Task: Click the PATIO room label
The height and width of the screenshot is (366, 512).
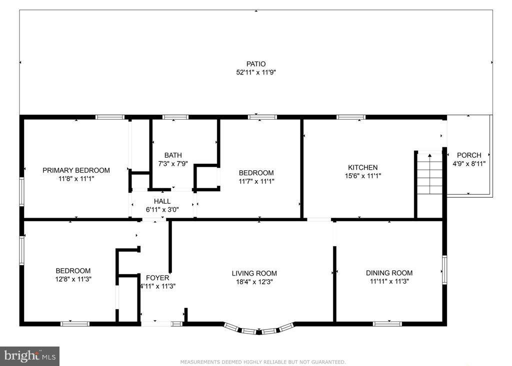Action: (255, 64)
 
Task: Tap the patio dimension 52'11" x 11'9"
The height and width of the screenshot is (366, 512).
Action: (255, 72)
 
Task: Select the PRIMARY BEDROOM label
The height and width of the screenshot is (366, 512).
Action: (76, 170)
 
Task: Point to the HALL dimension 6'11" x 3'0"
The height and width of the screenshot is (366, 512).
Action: (162, 210)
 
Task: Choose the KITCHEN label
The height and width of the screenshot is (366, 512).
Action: (362, 167)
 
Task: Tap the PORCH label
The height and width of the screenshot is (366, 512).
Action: (469, 155)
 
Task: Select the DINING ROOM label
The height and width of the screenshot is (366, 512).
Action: (389, 273)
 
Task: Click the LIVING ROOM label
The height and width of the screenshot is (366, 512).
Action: (254, 273)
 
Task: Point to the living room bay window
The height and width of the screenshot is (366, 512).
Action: (257, 330)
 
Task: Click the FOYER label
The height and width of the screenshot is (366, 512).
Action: (157, 278)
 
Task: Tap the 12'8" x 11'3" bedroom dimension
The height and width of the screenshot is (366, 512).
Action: (73, 279)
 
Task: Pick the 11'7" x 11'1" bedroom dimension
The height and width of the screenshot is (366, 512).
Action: (256, 181)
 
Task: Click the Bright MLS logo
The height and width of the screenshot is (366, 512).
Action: (29, 356)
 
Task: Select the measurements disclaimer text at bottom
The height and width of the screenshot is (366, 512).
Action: (262, 362)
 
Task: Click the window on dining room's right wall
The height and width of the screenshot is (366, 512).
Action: (444, 270)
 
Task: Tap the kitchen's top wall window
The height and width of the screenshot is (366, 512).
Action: (350, 117)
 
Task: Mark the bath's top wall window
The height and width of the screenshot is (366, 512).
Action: (175, 117)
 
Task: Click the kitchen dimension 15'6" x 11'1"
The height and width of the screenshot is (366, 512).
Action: (362, 176)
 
